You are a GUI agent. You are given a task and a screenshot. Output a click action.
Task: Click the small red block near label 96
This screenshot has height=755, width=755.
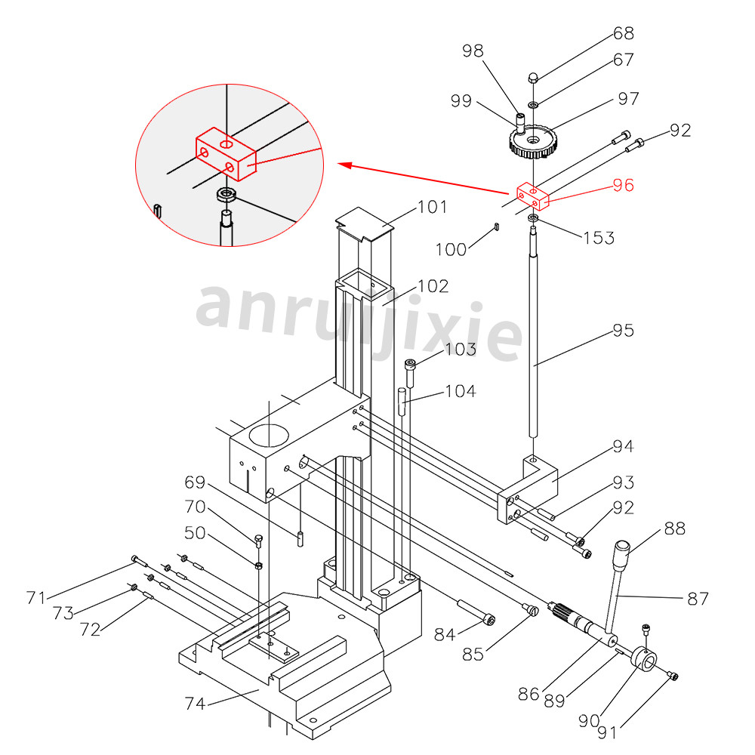tap(532, 196)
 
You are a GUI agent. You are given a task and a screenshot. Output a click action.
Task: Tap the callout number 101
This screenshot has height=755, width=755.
tap(432, 207)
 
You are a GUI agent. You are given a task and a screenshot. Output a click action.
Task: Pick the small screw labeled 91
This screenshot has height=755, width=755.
tap(673, 676)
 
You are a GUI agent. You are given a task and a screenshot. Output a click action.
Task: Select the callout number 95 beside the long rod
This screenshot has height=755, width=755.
tap(623, 331)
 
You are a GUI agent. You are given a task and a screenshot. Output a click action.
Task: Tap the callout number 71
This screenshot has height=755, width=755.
tap(35, 598)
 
